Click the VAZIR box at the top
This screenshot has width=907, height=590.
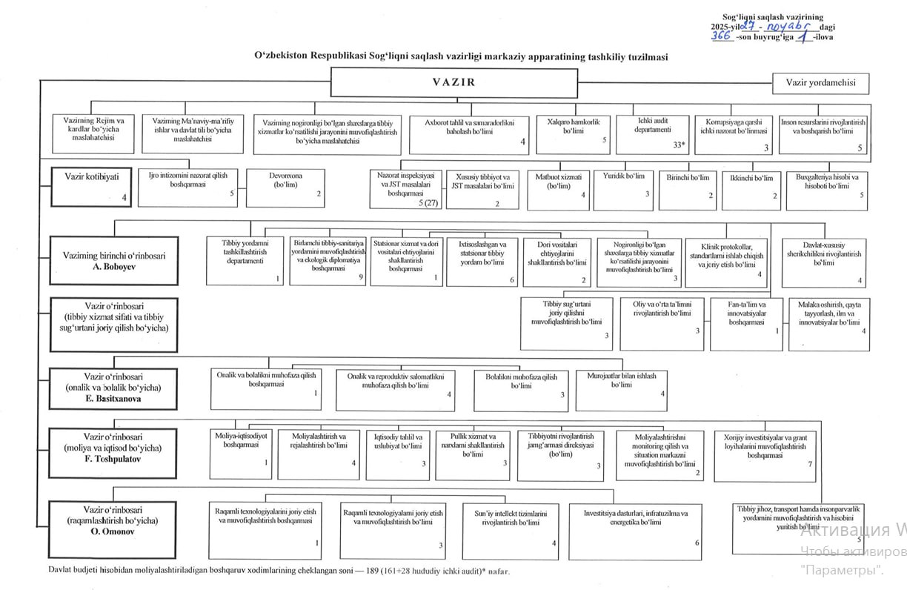click(453, 82)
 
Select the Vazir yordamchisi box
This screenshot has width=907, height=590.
click(820, 83)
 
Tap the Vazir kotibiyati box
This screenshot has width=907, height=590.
click(91, 186)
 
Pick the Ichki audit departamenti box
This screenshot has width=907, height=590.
click(653, 133)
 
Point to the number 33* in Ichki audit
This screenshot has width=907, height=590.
click(678, 145)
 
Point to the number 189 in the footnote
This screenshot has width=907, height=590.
click(367, 571)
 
